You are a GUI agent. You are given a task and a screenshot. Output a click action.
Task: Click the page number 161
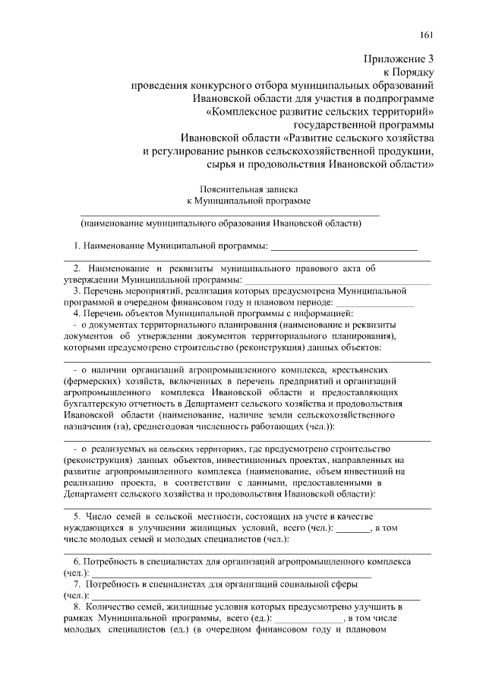(427, 35)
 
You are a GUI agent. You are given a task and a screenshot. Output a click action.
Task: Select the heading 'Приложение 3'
(399, 59)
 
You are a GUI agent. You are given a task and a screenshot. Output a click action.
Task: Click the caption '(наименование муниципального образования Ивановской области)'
(221, 224)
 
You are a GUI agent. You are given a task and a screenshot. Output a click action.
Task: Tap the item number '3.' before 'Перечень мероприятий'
(77, 291)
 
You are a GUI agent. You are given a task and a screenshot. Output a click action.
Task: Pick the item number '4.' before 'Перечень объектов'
(77, 313)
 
